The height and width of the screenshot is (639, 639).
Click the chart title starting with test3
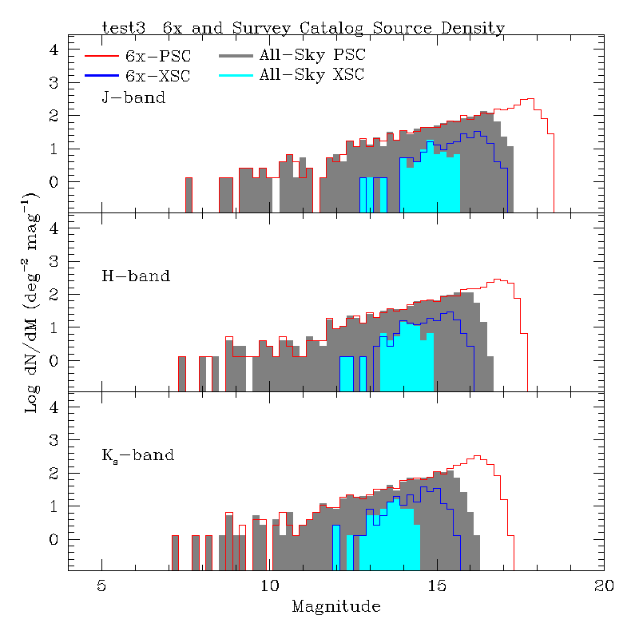pyautogui.click(x=304, y=28)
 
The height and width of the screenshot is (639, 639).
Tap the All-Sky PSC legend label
pyautogui.click(x=312, y=57)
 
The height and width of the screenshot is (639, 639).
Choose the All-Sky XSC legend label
pyautogui.click(x=312, y=76)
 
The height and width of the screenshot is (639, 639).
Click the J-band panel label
pyautogui.click(x=133, y=98)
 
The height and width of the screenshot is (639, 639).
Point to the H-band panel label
pyautogui.click(x=135, y=277)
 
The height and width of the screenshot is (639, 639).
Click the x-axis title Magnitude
pyautogui.click(x=336, y=606)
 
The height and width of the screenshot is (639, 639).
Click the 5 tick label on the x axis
pyautogui.click(x=101, y=585)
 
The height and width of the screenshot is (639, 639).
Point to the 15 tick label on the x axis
pyautogui.click(x=437, y=585)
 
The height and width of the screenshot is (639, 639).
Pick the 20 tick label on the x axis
pyautogui.click(x=605, y=585)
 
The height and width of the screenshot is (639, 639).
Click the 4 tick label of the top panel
pyautogui.click(x=54, y=50)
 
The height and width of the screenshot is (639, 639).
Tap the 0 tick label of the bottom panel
pyautogui.click(x=54, y=540)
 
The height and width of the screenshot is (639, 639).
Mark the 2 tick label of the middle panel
pyautogui.click(x=54, y=295)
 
